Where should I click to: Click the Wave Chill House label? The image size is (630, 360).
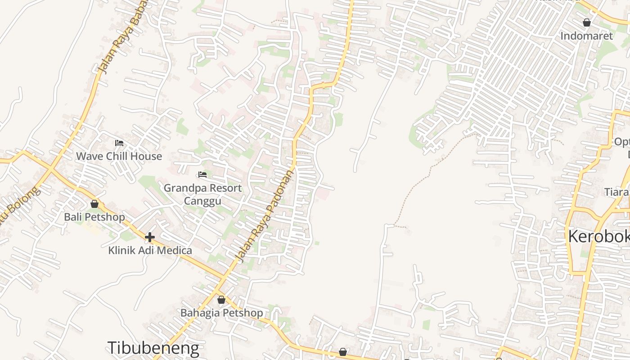pyautogui.click(x=119, y=156)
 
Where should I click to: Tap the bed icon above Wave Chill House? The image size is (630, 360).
pyautogui.click(x=119, y=143)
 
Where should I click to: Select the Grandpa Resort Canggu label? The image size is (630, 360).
pyautogui.click(x=202, y=194)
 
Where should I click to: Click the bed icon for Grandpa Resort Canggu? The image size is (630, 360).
pyautogui.click(x=202, y=175)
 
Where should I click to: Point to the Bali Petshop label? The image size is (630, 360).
pyautogui.click(x=94, y=217)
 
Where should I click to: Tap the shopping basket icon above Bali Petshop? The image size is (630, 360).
pyautogui.click(x=94, y=204)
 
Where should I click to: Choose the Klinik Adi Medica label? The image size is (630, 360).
pyautogui.click(x=150, y=250)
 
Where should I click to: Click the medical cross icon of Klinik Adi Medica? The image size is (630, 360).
pyautogui.click(x=150, y=237)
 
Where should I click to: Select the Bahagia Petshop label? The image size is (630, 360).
pyautogui.click(x=221, y=313)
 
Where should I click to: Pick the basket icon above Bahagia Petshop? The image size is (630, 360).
pyautogui.click(x=221, y=300)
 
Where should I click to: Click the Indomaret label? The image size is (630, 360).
pyautogui.click(x=586, y=36)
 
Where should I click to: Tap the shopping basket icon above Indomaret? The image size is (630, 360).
pyautogui.click(x=587, y=22)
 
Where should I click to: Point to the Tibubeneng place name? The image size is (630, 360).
pyautogui.click(x=153, y=348)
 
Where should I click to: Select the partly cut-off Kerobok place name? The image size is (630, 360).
pyautogui.click(x=598, y=236)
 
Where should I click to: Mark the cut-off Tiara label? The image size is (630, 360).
pyautogui.click(x=616, y=192)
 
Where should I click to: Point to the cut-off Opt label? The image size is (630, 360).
pyautogui.click(x=622, y=142)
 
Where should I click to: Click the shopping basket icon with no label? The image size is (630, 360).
pyautogui.click(x=343, y=352)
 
